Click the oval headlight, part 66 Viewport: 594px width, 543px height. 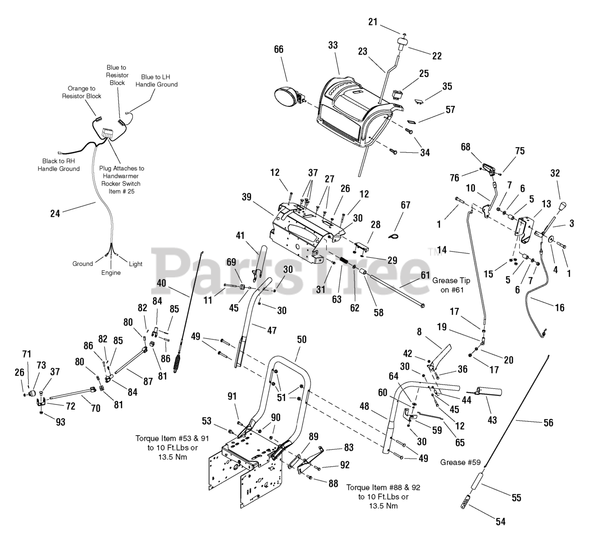(x=286, y=99)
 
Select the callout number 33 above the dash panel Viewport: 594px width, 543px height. (x=333, y=46)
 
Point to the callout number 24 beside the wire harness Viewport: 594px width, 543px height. (x=55, y=214)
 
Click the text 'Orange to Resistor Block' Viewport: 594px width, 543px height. (x=82, y=92)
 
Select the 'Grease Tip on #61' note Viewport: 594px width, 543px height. (x=451, y=285)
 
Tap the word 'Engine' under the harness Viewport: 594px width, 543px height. (x=111, y=273)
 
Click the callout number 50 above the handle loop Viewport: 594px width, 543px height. (x=302, y=340)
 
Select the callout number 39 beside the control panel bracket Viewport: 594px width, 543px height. (x=246, y=196)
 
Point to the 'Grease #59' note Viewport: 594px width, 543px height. (x=460, y=462)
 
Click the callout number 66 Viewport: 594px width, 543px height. (x=278, y=49)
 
